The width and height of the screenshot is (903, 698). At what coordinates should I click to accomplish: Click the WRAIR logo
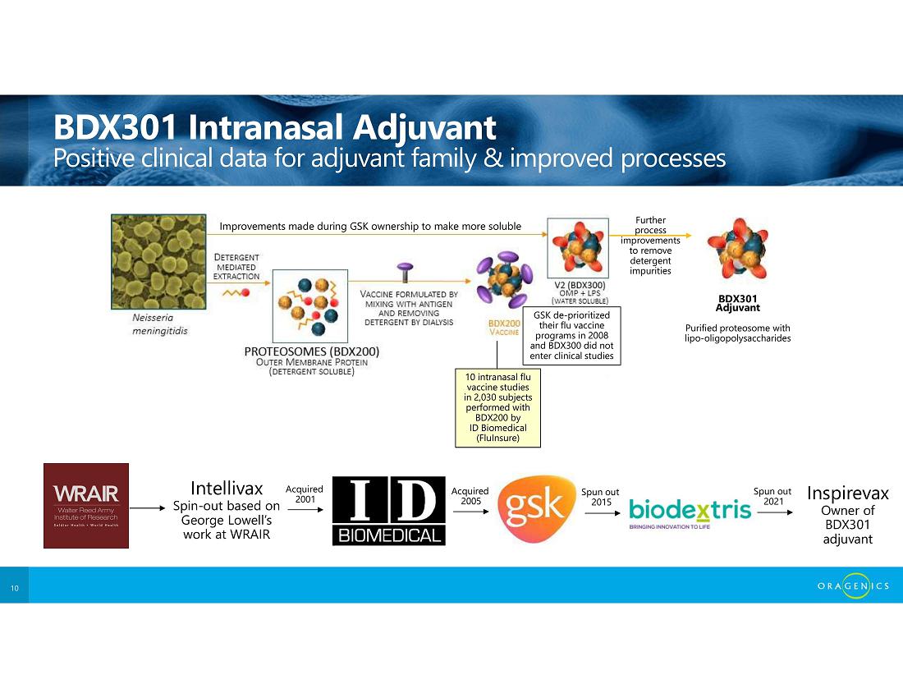(x=86, y=506)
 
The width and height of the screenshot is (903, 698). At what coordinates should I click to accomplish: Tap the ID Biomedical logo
(x=389, y=511)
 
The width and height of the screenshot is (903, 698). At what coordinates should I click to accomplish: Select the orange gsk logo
(x=536, y=508)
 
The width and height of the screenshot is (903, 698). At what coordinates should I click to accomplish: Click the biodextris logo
(x=690, y=512)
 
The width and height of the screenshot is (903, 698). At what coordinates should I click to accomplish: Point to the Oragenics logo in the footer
(x=853, y=585)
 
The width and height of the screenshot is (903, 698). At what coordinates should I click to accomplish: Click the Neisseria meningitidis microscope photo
(x=158, y=262)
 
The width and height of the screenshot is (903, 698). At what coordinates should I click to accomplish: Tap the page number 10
(x=15, y=588)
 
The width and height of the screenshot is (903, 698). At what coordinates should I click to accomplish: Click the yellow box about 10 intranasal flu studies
(x=497, y=408)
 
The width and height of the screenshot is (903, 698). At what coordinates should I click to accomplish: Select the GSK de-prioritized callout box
(x=571, y=335)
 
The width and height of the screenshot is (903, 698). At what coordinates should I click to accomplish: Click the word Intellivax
(x=227, y=489)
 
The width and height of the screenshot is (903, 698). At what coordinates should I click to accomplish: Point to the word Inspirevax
(x=848, y=493)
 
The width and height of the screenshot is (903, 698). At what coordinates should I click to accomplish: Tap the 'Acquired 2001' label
(x=305, y=494)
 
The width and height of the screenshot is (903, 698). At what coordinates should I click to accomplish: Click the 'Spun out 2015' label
(x=600, y=497)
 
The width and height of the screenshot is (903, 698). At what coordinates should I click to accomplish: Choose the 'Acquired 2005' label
(x=470, y=496)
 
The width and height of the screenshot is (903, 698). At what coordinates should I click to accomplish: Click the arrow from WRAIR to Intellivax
(x=148, y=508)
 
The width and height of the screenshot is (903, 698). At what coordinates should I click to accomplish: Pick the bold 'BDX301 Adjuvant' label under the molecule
(x=738, y=303)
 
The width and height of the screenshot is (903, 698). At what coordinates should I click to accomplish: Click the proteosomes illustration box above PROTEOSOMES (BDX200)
(x=309, y=306)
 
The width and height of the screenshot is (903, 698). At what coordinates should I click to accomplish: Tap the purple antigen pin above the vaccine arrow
(x=405, y=272)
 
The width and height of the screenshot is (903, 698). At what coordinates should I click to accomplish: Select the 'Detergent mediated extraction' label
(x=236, y=267)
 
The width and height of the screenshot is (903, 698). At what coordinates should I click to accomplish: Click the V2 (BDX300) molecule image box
(x=578, y=248)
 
